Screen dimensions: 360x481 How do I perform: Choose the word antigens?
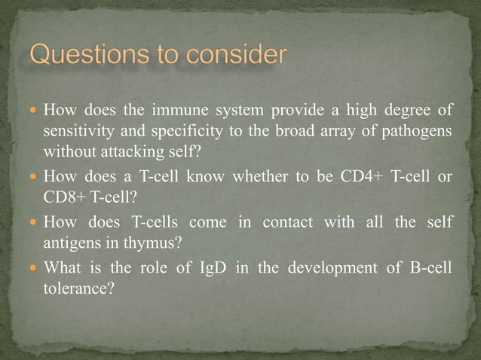[71, 243]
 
